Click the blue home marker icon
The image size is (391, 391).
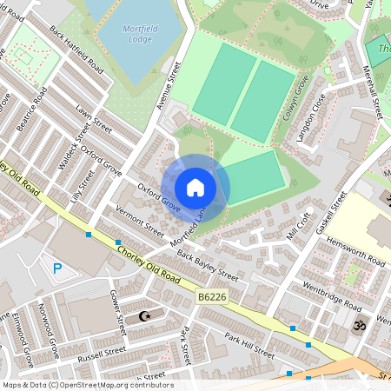[195, 187]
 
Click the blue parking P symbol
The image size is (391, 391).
[58, 269]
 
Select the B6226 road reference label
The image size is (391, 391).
[211, 297]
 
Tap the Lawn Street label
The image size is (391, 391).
[94, 120]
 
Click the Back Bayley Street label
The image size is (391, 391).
[207, 263]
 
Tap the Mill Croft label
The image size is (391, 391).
[298, 225]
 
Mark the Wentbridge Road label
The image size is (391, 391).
[332, 296]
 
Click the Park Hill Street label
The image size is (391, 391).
[249, 344]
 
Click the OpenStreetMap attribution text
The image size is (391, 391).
[87, 385]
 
